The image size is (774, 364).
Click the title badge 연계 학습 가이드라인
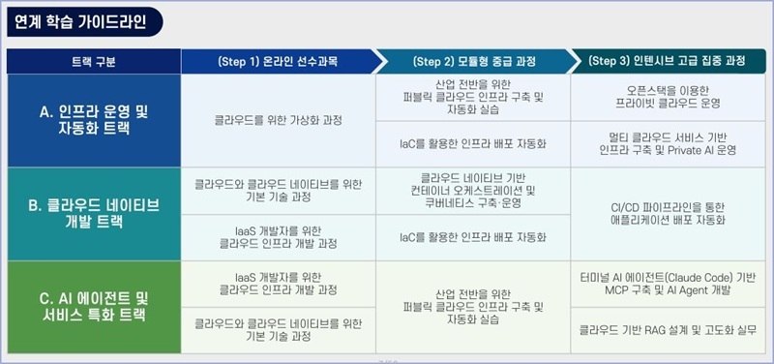point(84,22)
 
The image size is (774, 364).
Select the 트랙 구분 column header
point(94,62)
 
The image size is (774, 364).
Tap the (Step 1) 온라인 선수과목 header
point(279,62)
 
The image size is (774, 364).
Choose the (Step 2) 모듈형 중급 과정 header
point(474,62)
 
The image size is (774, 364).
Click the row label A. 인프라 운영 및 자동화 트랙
point(94,120)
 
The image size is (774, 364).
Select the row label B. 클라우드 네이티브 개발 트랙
point(94,214)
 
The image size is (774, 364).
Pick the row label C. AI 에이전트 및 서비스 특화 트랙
point(94,307)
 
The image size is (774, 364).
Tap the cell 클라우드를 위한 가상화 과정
point(279,120)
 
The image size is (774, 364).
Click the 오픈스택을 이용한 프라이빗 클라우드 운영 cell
point(668,98)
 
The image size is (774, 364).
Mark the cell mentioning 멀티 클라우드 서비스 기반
point(668,144)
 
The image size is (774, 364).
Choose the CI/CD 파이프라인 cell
point(668,214)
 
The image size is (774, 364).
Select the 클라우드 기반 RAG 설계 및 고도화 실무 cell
point(668,330)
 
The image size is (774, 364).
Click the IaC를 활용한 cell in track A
point(473,144)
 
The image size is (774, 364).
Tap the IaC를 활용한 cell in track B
point(473,237)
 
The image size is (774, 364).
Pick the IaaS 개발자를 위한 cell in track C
point(279,284)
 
